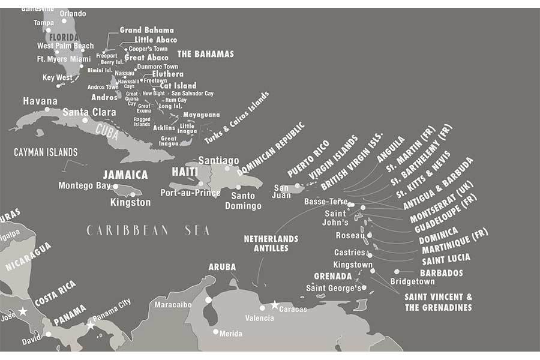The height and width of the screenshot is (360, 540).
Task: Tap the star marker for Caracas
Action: coord(275,305)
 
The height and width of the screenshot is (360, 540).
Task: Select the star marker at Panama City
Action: coord(91,325)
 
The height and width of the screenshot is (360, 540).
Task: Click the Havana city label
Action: coord(40,101)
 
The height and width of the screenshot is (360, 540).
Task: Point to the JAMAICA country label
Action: coord(125,175)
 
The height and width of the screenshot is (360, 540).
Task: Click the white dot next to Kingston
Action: coord(132,194)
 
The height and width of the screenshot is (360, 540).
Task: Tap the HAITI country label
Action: coord(185,172)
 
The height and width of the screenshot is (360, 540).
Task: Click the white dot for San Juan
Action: coord(297,186)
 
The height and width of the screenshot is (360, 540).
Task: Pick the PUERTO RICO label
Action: coord(308,158)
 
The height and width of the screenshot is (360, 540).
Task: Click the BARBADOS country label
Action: coord(441,272)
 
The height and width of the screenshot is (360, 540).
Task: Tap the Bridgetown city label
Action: coord(412,281)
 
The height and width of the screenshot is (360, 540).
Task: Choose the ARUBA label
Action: coord(222,266)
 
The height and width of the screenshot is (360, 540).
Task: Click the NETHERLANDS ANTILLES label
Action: coord(271,243)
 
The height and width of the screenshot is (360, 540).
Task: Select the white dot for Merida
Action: coord(215,331)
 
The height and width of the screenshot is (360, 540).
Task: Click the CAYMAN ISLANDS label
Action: coord(46,152)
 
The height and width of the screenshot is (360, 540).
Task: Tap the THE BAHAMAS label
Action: coord(205,54)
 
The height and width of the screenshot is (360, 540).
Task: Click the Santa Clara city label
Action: coord(89,112)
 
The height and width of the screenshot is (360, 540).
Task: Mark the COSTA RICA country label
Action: coord(55,293)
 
